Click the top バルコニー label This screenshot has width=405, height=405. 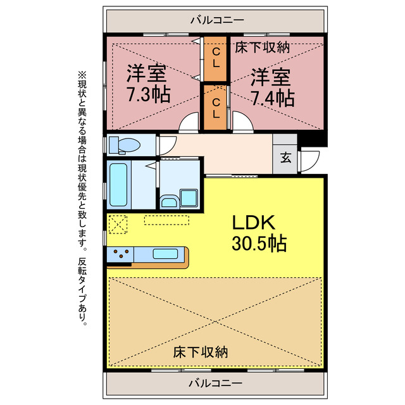215,20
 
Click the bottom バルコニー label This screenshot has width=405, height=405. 215,383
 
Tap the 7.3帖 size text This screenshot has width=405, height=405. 148,97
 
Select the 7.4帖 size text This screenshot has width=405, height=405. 272,98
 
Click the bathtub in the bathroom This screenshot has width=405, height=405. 119,185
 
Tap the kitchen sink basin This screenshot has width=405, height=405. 165,254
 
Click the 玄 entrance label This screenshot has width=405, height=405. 286,158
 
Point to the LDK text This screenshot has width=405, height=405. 252,223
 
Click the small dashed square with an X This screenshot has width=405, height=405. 118,224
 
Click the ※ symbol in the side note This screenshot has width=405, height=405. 81,75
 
